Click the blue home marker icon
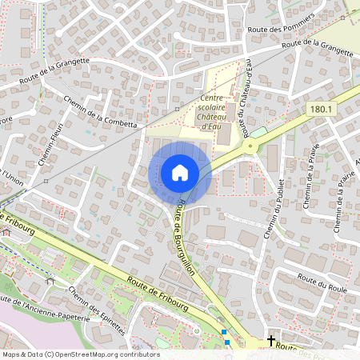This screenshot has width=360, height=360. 180,172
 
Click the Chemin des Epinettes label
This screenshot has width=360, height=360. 97,310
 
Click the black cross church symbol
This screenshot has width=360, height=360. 271,341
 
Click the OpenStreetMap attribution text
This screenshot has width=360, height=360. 80,354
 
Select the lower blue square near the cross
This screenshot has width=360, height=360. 227,342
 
